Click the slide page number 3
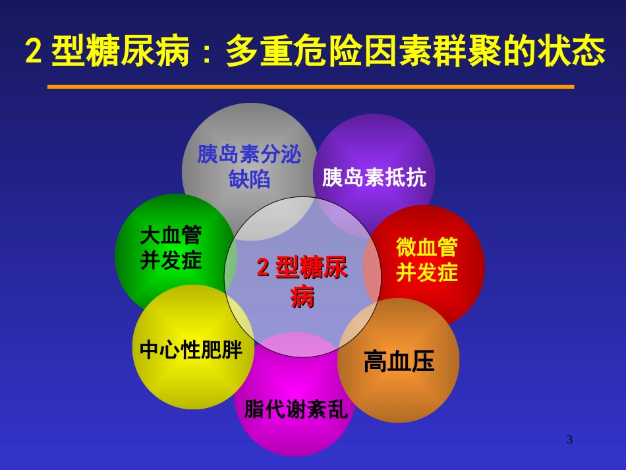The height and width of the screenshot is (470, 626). click(570, 440)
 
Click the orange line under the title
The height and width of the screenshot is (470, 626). click(310, 86)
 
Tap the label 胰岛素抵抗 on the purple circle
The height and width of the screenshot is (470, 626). click(374, 177)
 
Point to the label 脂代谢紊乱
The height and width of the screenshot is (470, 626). click(295, 409)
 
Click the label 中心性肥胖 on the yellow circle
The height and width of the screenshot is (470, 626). click(191, 350)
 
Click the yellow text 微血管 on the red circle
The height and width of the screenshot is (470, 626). click(426, 247)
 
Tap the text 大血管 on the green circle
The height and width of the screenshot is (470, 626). click(171, 235)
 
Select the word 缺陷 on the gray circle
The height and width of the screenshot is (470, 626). click(249, 179)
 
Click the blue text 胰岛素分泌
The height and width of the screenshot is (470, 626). click(249, 155)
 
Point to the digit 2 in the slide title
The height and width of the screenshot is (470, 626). click(32, 51)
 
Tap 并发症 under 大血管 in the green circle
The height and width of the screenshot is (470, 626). click(171, 260)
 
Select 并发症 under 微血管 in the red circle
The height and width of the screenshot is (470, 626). click(426, 272)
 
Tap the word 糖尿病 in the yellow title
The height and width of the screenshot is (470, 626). click(138, 51)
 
